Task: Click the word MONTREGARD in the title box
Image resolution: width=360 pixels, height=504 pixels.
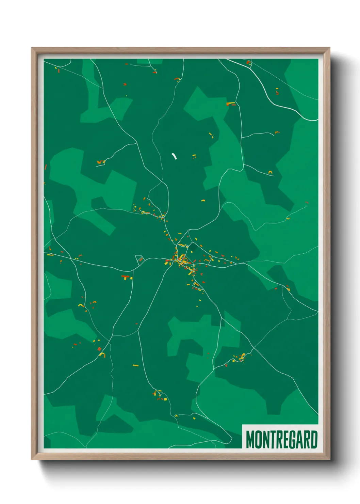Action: pyautogui.click(x=282, y=440)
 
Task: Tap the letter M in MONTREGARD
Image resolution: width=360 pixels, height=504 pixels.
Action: pyautogui.click(x=250, y=440)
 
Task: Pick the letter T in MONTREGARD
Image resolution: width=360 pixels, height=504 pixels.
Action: pyautogui.click(x=272, y=440)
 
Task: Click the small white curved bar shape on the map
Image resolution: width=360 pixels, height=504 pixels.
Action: pyautogui.click(x=175, y=156)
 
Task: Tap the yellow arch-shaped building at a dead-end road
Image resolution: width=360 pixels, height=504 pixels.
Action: pyautogui.click(x=271, y=172)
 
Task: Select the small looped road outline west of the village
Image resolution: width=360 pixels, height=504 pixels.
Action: pyautogui.click(x=140, y=259)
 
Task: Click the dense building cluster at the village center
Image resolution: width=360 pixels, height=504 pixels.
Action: pyautogui.click(x=182, y=261)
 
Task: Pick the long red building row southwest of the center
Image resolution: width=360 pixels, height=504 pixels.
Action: pyautogui.click(x=126, y=277)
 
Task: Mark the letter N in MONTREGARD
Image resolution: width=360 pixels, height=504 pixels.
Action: pyautogui.click(x=266, y=440)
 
